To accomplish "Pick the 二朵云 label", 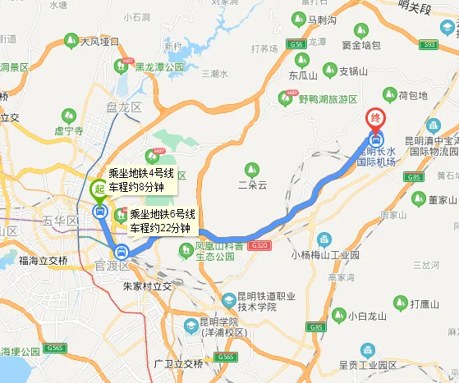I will (252, 185).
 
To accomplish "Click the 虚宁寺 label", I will (69, 130).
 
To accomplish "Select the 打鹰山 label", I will (428, 304).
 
